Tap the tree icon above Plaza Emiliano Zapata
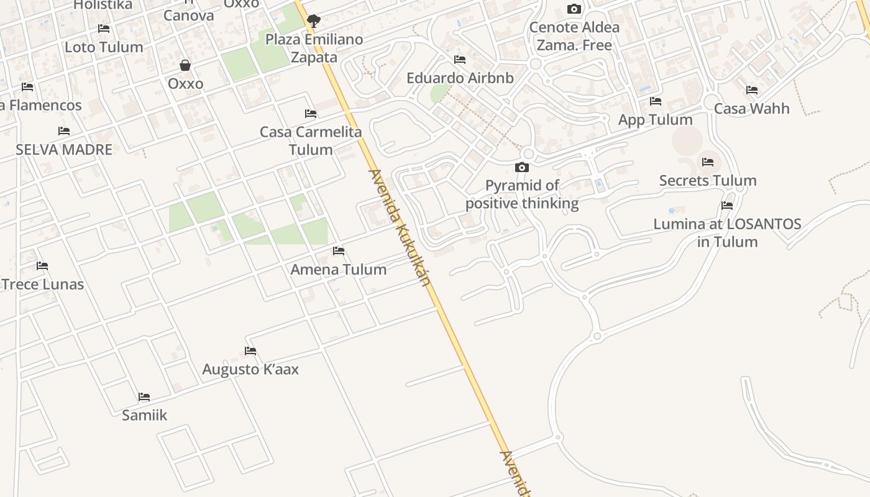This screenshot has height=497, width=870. pos(314,21)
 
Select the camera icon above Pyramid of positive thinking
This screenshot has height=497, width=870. pos(522,167)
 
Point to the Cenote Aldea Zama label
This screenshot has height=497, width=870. pos(574,36)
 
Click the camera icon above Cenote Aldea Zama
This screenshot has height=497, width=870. pos(574,9)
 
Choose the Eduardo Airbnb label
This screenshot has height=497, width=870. pos(460,78)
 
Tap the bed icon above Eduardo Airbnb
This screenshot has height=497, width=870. pos(460,60)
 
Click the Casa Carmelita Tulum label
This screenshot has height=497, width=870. pos(311,141)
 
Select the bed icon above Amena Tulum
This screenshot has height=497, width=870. pos(339,251)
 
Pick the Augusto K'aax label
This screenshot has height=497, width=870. pos(250,370)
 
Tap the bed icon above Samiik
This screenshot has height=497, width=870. pos(144,397)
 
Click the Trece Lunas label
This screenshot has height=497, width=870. pos(42,285)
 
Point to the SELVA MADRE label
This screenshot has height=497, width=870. pos(64,150)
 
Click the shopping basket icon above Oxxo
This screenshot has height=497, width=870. pos(185,65)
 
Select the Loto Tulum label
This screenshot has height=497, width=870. pos(104,47)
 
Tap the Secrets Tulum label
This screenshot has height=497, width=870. pos(708,181)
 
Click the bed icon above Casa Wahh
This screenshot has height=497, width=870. pos(752,90)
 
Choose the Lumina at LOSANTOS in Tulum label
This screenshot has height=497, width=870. pos(727,233)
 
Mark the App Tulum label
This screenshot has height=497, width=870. pos(655,120)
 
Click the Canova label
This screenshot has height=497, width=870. pos(189,16)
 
